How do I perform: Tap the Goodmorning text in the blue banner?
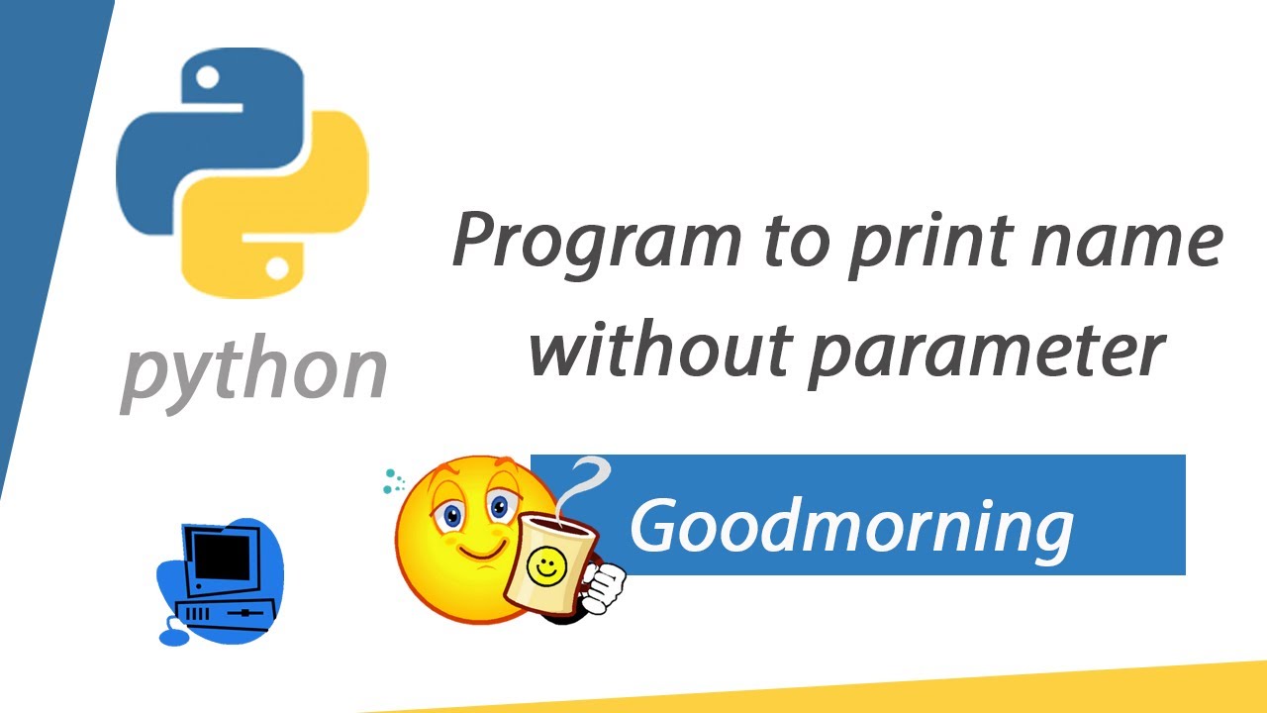[x=851, y=525]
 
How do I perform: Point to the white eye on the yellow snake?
[x=278, y=267]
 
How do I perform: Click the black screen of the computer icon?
[x=220, y=555]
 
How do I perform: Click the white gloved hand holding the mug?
[x=604, y=586]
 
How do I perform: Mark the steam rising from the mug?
[x=584, y=485]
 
